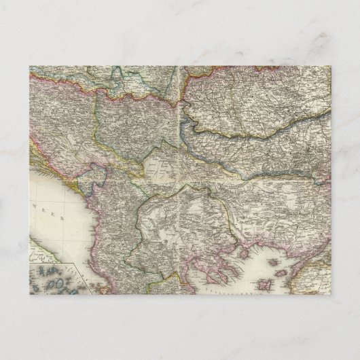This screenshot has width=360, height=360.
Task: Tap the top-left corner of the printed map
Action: (x=30, y=67)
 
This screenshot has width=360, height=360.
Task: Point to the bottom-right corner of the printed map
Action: (x=330, y=294)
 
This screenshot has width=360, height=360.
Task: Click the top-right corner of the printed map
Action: (x=330, y=67)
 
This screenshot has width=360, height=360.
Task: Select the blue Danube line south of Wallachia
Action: (x=272, y=166)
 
